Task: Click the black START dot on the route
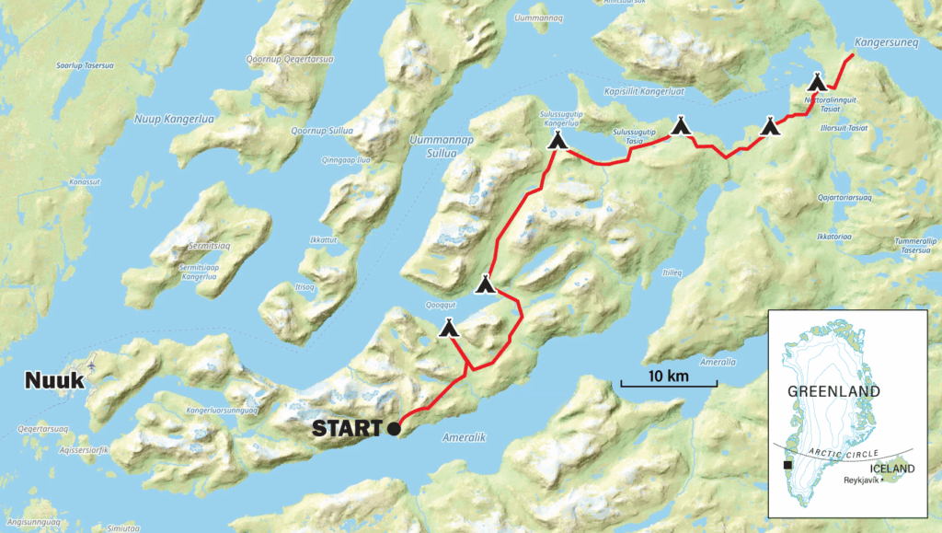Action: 394,428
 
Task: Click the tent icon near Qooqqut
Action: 449,327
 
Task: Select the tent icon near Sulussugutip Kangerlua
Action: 557,140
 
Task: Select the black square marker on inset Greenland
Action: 787,467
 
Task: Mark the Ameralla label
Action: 718,362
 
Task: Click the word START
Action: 347,428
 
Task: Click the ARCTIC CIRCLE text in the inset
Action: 843,454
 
